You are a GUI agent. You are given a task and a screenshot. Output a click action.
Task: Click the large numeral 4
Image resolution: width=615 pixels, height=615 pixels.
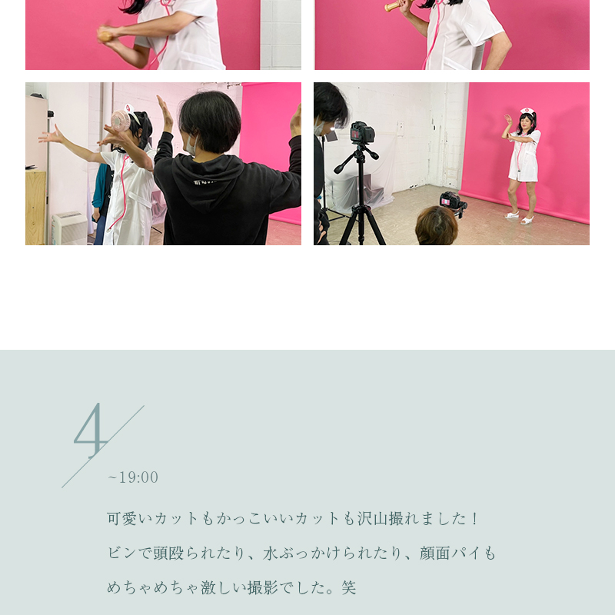click(91, 430)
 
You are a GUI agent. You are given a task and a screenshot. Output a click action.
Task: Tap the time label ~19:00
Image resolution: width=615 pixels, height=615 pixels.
click(133, 477)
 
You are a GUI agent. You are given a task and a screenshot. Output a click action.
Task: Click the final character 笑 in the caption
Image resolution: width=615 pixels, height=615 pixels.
click(349, 587)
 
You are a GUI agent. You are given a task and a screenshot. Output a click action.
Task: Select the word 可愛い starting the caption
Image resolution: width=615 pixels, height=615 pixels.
click(130, 518)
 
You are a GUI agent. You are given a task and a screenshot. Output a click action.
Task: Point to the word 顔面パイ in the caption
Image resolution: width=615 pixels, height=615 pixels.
click(450, 553)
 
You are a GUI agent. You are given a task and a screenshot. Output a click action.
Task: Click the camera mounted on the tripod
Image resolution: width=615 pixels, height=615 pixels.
click(362, 132)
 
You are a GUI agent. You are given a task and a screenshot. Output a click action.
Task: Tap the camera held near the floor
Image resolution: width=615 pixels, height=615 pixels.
click(453, 202)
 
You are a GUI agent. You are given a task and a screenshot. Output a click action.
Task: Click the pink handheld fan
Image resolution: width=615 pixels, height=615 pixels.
click(121, 121)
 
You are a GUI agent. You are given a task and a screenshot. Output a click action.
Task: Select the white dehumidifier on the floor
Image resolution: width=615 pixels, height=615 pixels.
click(69, 228)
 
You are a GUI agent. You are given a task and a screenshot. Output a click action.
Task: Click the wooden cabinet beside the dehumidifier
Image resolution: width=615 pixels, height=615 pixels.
click(35, 208)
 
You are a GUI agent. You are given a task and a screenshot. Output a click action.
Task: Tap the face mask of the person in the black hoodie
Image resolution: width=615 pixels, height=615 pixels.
click(190, 145)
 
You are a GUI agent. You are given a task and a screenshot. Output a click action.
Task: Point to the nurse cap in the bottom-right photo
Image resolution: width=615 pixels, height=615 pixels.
click(527, 111)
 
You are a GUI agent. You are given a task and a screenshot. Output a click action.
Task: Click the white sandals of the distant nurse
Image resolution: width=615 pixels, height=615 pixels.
click(520, 218)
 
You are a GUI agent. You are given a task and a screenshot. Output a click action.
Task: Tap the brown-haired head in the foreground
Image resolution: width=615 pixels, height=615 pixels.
click(437, 226)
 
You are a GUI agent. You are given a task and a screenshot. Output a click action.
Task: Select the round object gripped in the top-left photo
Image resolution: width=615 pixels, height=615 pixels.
click(105, 36)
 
